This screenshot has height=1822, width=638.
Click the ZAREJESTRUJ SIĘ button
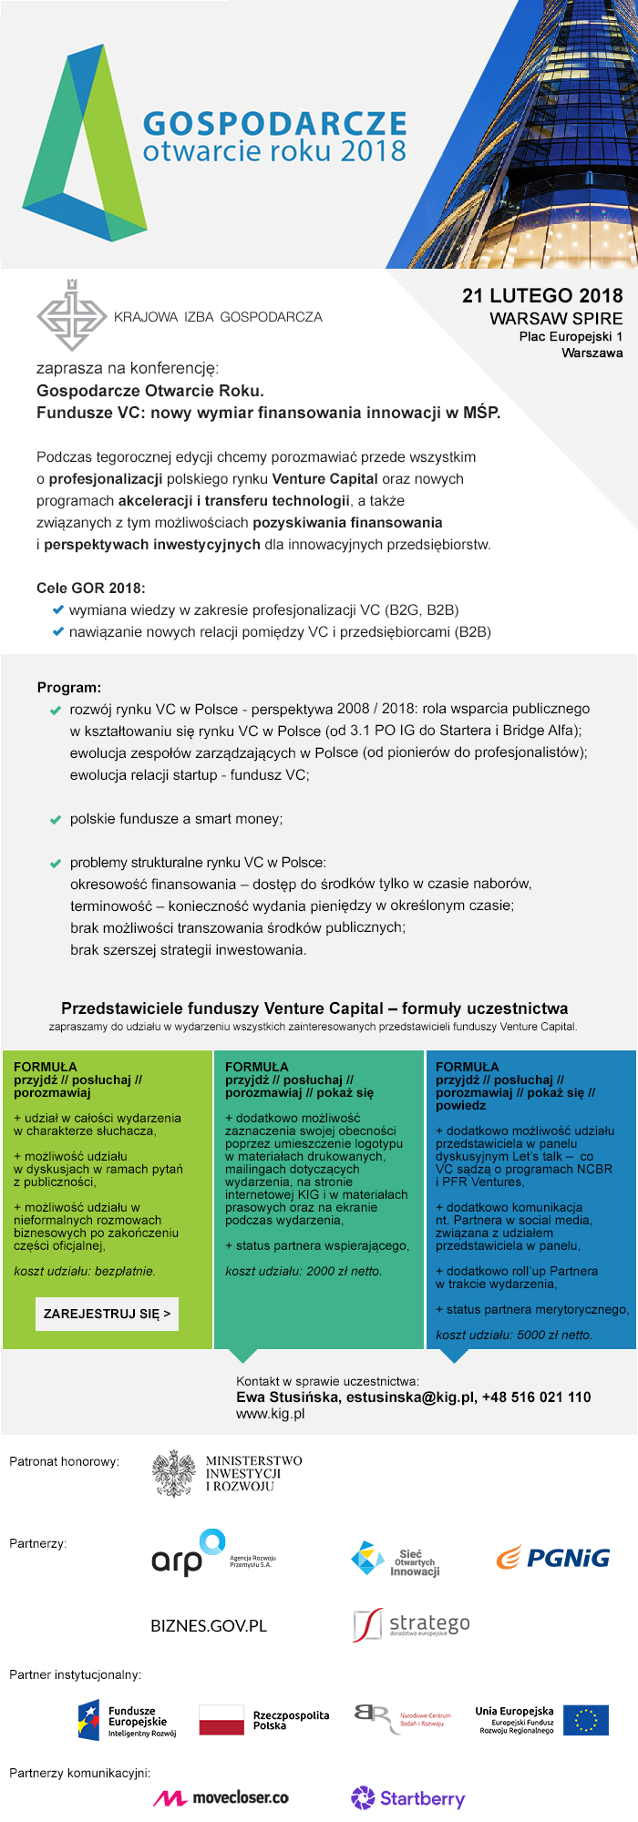pos(107,1314)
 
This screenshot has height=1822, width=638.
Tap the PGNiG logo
pos(553,1558)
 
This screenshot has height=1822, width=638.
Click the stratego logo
pos(412,1624)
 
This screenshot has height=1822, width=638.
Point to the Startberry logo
pos(407,1798)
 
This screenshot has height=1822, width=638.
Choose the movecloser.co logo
pos(221,1798)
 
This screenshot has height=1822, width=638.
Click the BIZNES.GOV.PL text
pos(209,1626)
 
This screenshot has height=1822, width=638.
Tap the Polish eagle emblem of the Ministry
pos(173,1474)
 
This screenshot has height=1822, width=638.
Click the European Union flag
pos(586,1720)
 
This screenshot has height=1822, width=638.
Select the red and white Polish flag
pos(221,1720)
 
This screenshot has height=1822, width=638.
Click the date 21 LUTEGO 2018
pos(542,296)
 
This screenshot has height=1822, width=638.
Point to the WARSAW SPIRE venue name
pos(556,319)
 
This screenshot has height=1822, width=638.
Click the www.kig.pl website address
pos(270,1414)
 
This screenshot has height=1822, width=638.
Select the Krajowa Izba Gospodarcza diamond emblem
pos(71,315)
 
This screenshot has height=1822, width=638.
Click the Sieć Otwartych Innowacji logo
pos(396,1560)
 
